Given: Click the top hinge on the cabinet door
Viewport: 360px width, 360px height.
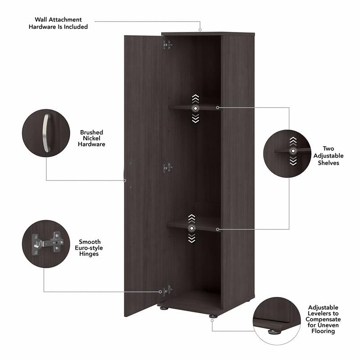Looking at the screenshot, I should click(167, 45).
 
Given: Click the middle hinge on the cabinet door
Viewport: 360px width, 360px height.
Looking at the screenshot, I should click(167, 168).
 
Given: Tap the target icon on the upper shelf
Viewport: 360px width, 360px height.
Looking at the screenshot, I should click(195, 108).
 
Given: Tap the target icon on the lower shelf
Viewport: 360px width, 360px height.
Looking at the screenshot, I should click(192, 229).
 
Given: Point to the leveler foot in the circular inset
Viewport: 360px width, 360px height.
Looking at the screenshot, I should click(273, 332).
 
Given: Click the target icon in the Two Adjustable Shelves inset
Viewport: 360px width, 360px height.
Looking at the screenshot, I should click(293, 151).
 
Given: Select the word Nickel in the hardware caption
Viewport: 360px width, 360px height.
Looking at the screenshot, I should click(91, 138).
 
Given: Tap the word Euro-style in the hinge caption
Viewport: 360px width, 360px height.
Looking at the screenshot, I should click(90, 248).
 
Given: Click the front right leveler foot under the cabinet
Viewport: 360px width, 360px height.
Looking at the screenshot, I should click(212, 317).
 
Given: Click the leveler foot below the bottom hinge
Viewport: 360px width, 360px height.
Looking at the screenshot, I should click(165, 309).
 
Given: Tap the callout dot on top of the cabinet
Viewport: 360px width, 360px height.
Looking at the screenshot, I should click(200, 30).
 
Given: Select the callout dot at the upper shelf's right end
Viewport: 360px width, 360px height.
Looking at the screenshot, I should click(217, 108).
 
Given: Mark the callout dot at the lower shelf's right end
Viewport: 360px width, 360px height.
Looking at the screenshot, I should click(217, 229).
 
